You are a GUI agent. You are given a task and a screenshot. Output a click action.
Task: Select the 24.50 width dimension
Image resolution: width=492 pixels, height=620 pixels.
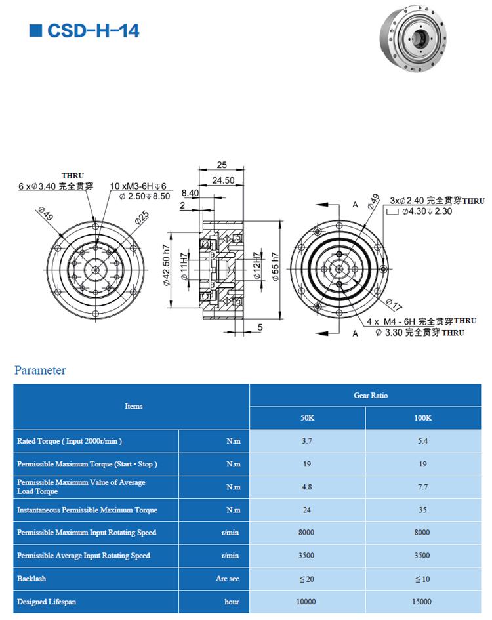click(x=223, y=180)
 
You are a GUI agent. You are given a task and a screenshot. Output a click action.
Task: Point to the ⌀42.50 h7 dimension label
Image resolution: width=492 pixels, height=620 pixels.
click(x=167, y=265)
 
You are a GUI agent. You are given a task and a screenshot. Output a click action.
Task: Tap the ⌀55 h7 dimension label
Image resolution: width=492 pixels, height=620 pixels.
click(x=276, y=267)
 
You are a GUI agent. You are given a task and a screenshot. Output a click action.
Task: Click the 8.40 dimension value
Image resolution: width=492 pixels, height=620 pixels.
click(x=190, y=193)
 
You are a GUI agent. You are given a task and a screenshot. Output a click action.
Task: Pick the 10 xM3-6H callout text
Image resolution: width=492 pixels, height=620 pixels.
click(x=138, y=186)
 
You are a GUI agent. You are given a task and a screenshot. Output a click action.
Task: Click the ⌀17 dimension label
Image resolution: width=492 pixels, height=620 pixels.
click(x=394, y=304)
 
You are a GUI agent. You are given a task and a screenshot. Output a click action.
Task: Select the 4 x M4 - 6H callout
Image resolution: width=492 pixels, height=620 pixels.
click(x=421, y=321)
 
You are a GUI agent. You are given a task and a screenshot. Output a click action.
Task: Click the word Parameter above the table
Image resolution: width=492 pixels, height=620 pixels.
click(x=40, y=371)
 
